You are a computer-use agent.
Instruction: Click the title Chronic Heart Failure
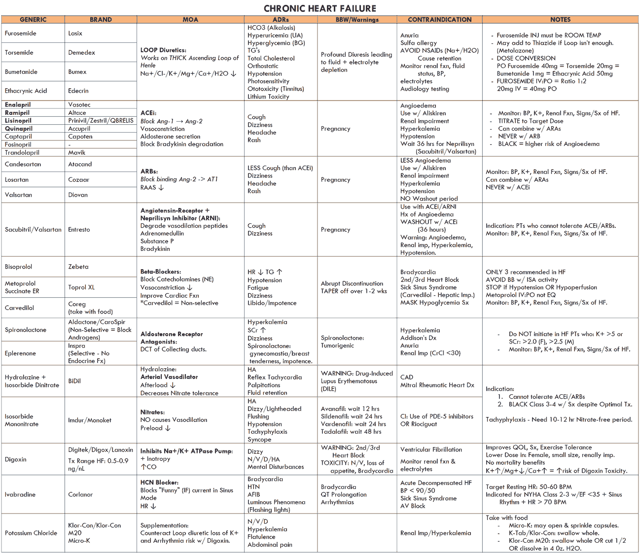(x=320, y=8)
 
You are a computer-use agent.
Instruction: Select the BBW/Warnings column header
(x=357, y=20)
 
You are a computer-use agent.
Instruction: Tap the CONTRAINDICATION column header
(x=439, y=20)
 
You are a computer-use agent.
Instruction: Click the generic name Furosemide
(x=20, y=34)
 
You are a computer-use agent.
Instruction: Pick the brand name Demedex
(x=81, y=53)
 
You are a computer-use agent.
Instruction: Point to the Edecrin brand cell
(x=78, y=91)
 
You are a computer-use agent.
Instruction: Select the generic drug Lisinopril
(x=18, y=121)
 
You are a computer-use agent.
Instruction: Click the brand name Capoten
(x=80, y=137)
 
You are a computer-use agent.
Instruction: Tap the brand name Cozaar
(x=79, y=180)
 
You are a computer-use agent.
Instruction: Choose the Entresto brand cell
(x=79, y=230)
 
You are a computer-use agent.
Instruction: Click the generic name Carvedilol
(x=19, y=308)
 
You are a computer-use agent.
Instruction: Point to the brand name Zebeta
(x=78, y=267)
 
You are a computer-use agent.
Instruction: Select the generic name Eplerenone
(x=20, y=353)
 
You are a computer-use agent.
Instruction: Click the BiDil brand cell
(x=74, y=381)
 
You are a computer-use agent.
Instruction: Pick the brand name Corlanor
(x=80, y=494)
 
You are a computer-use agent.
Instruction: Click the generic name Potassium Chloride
(x=31, y=533)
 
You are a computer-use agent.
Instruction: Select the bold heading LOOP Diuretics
(x=163, y=50)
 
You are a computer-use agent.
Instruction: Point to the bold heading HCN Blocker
(x=159, y=483)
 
